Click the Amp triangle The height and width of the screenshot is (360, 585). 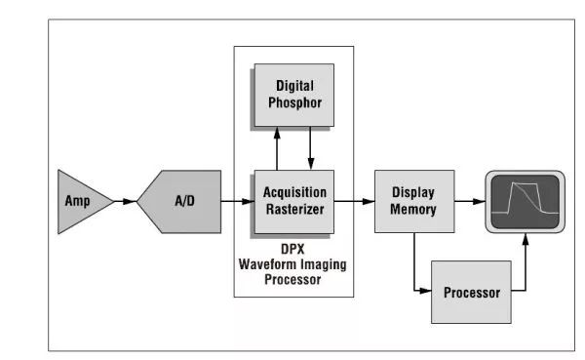tap(80, 202)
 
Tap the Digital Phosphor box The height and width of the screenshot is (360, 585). tap(294, 95)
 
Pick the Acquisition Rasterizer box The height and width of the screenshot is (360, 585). tap(294, 202)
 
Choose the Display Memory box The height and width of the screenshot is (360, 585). tap(414, 201)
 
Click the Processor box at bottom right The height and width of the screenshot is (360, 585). tap(471, 292)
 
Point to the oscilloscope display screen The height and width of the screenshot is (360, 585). tap(525, 202)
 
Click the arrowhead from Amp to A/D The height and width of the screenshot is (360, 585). tap(130, 202)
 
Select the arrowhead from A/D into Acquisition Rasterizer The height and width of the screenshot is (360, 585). tap(248, 202)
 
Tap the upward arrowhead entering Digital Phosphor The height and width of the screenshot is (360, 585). tap(277, 133)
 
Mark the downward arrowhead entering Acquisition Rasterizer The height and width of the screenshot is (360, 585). tap(311, 164)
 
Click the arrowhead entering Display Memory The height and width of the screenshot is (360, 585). tap(369, 202)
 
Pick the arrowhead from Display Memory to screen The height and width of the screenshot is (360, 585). tap(479, 202)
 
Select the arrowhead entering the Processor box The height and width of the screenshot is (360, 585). tap(425, 290)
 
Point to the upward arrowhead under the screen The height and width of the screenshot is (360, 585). tap(526, 240)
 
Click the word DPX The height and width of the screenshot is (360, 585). tap(292, 249)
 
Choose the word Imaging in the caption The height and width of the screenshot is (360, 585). tap(324, 265)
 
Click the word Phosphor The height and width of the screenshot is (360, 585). tap(294, 102)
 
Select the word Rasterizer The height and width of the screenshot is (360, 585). tap(294, 209)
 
